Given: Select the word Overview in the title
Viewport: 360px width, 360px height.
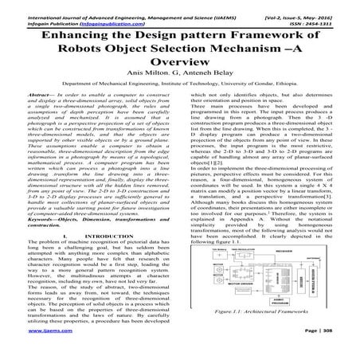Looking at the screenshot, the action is (x=180, y=68).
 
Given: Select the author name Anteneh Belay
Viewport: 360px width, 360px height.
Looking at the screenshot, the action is (x=209, y=83).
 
